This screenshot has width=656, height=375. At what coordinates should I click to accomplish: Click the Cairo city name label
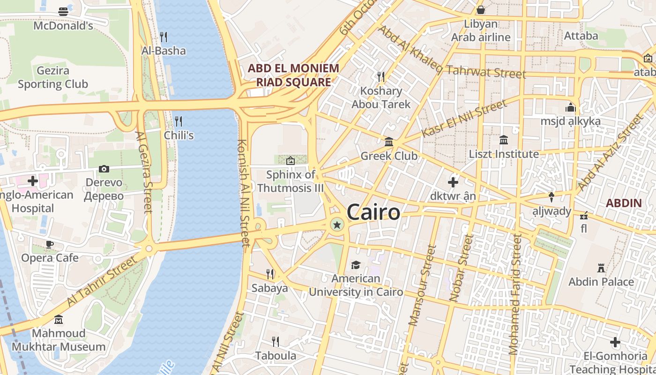pyautogui.click(x=373, y=212)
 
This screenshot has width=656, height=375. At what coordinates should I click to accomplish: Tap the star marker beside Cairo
pyautogui.click(x=336, y=225)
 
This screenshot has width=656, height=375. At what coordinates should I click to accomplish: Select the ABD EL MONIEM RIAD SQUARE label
pyautogui.click(x=293, y=75)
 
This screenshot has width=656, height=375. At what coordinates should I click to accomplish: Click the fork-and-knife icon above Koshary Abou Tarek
pyautogui.click(x=381, y=76)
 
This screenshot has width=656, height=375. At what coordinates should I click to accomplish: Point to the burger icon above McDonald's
pyautogui.click(x=63, y=12)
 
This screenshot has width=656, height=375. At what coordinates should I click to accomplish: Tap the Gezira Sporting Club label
pyautogui.click(x=52, y=78)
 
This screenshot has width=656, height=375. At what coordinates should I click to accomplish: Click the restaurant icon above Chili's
pyautogui.click(x=179, y=121)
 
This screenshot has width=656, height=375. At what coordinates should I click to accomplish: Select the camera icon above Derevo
pyautogui.click(x=104, y=169)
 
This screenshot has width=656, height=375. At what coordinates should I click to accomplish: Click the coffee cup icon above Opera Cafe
pyautogui.click(x=50, y=244)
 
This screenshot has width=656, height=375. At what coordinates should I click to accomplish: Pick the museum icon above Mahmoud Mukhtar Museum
pyautogui.click(x=59, y=320)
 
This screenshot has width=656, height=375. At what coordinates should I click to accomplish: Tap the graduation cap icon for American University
pyautogui.click(x=356, y=265)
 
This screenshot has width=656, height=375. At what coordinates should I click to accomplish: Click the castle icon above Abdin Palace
pyautogui.click(x=601, y=268)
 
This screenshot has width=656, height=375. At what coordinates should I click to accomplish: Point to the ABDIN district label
pyautogui.click(x=623, y=203)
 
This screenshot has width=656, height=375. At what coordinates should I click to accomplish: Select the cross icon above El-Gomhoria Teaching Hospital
pyautogui.click(x=615, y=342)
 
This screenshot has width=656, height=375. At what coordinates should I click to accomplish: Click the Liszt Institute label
pyautogui.click(x=504, y=154)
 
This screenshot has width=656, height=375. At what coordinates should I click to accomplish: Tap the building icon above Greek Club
pyautogui.click(x=389, y=142)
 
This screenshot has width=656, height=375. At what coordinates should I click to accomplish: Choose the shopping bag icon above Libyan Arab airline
pyautogui.click(x=481, y=10)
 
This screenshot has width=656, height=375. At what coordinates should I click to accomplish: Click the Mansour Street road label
pyautogui.click(x=420, y=286)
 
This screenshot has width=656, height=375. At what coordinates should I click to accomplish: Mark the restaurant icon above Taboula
pyautogui.click(x=276, y=342)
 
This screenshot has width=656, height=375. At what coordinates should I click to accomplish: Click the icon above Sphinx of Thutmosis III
pyautogui.click(x=291, y=161)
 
